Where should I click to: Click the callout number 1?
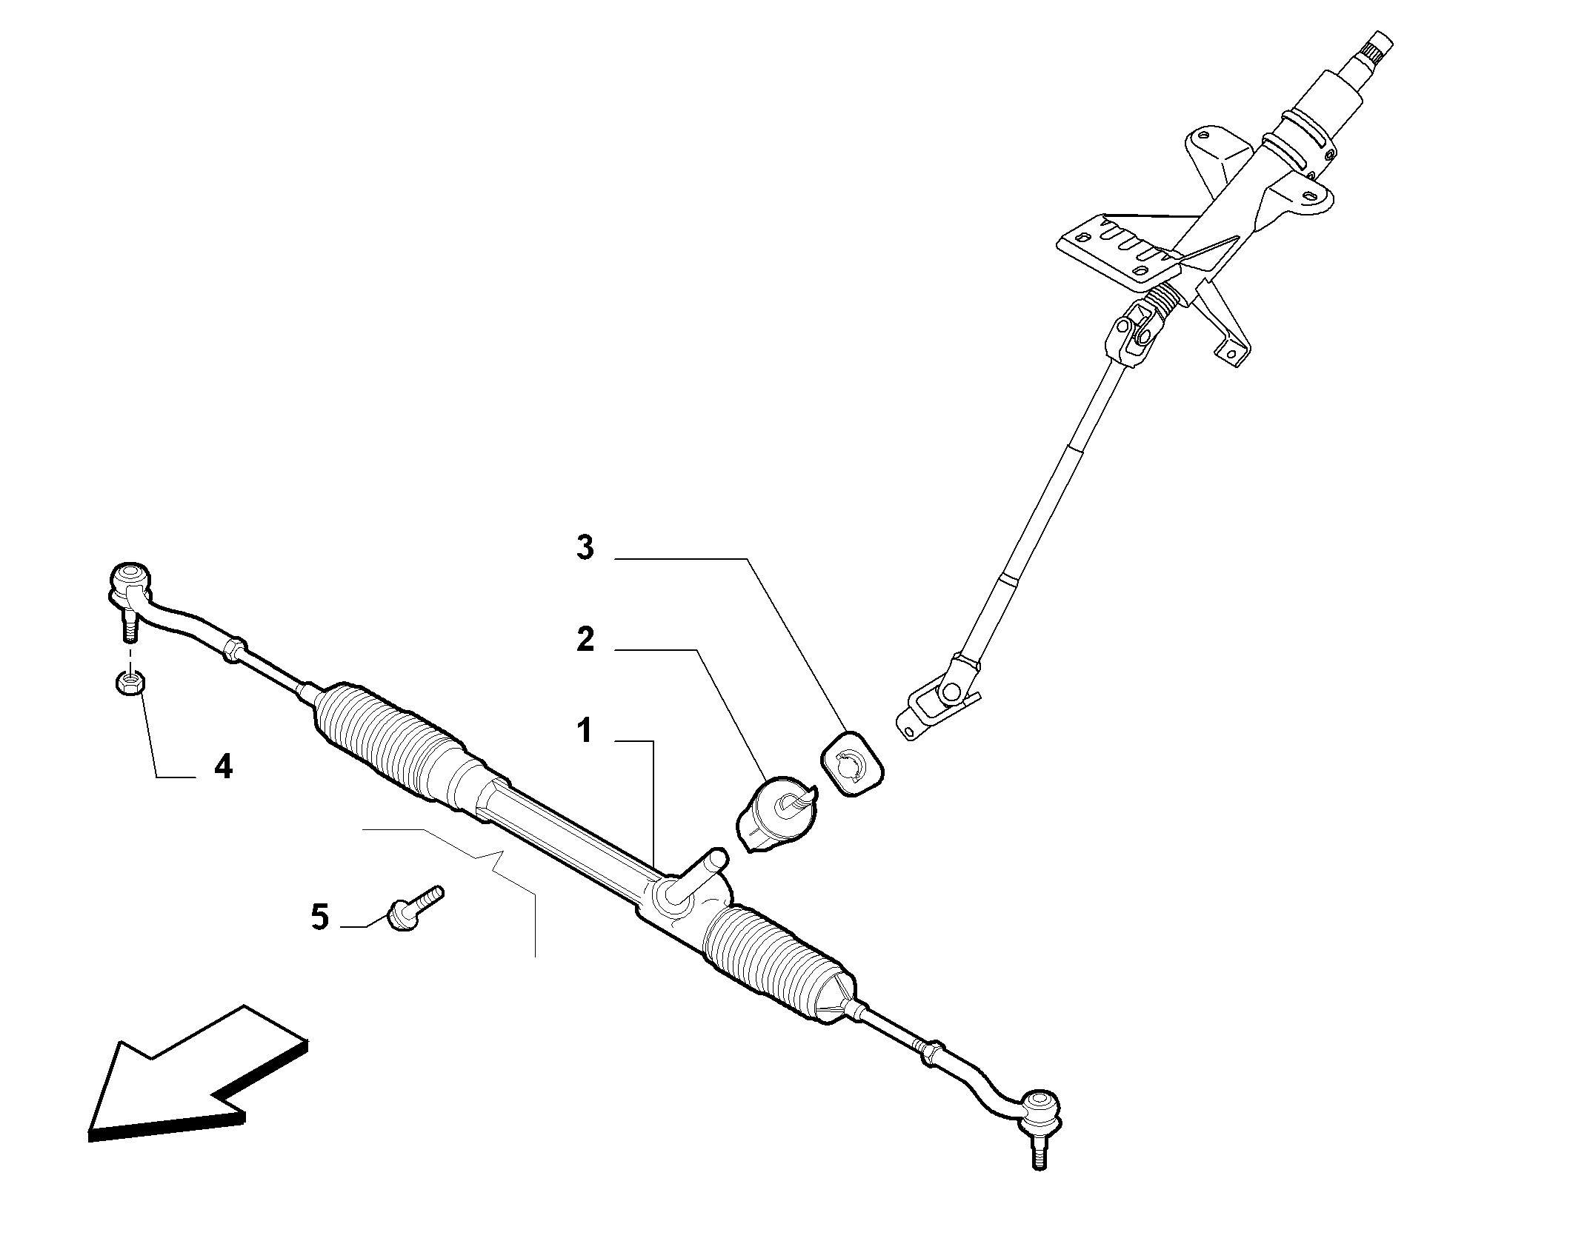[585, 731]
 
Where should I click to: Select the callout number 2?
[585, 639]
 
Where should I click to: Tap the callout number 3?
[585, 548]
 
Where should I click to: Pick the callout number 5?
[319, 917]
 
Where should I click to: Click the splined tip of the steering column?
[1380, 52]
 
